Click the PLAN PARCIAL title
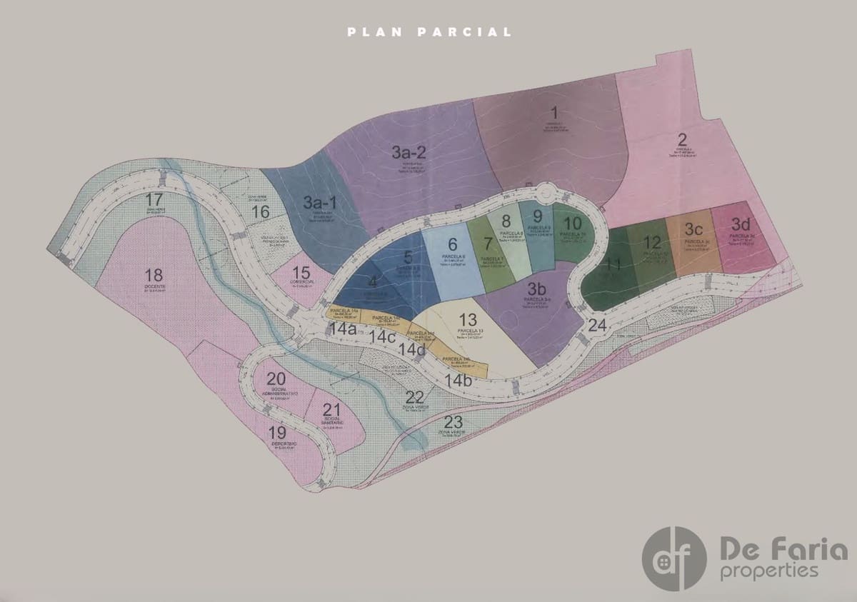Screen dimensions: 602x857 click(429, 32)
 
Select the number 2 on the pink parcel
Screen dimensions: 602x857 click(682, 139)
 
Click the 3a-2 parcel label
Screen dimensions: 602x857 click(409, 151)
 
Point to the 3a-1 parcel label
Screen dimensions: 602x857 click(319, 203)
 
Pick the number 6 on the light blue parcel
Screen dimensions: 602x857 click(453, 245)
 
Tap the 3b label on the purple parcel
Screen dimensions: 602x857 click(536, 289)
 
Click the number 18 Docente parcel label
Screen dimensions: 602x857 click(154, 275)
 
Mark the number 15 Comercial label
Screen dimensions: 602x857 click(301, 273)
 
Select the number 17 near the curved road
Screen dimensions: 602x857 click(154, 199)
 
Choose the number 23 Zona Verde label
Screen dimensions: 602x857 click(453, 421)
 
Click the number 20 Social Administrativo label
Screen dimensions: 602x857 click(276, 379)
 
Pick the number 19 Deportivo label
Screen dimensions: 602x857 click(277, 432)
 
